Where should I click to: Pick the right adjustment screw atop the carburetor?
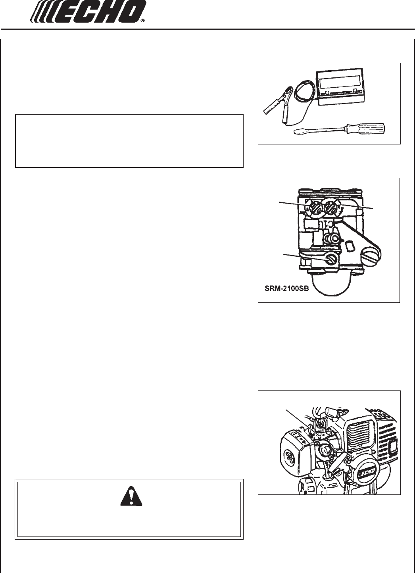tap(331, 208)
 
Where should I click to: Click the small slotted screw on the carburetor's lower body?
tap(331, 259)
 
